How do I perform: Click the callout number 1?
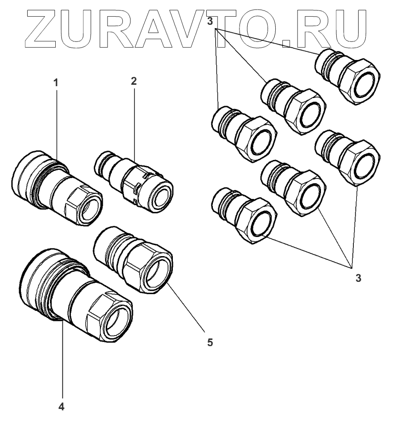56,82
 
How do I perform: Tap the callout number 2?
134,80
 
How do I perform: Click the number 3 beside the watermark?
209,20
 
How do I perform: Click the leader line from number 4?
61,362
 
